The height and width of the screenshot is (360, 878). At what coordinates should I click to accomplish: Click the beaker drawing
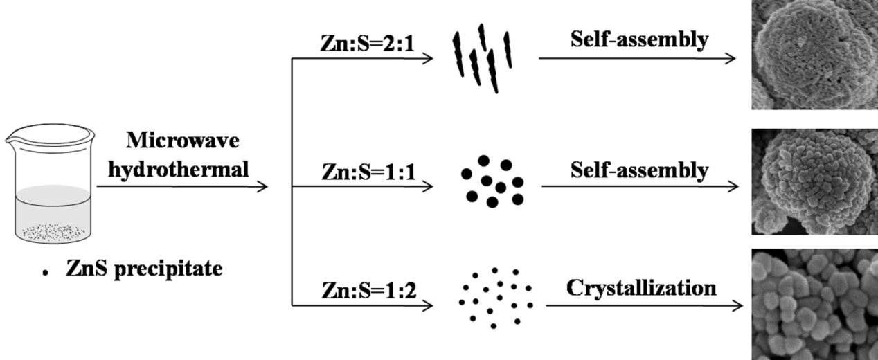[x=48, y=183]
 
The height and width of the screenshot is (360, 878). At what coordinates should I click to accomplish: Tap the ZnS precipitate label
[x=143, y=269]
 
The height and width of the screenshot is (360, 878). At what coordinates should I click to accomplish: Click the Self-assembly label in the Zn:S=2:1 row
[x=639, y=39]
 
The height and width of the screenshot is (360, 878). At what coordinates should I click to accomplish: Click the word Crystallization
[x=641, y=287]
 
